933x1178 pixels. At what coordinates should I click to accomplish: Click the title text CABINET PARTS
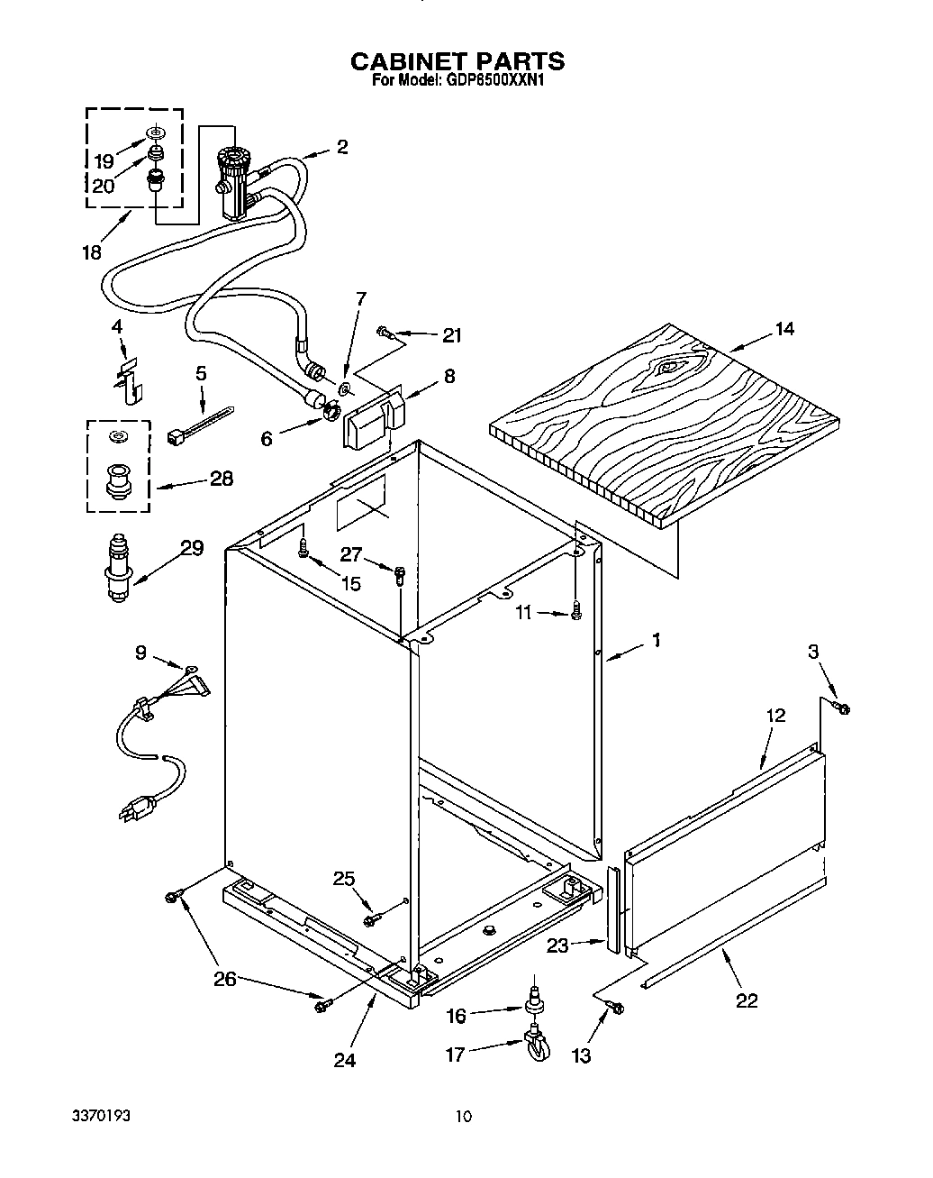(457, 61)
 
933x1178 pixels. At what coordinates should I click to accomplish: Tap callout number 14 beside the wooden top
(784, 329)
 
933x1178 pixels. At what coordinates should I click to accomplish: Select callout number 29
(191, 548)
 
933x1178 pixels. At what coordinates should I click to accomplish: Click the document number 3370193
(101, 1116)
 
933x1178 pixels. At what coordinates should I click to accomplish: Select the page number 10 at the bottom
(462, 1117)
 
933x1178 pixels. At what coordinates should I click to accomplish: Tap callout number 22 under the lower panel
(747, 1000)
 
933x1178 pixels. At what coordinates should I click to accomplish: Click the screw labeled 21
(386, 333)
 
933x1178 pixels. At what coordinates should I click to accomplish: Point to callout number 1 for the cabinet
(657, 640)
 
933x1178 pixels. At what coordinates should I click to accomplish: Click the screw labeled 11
(575, 613)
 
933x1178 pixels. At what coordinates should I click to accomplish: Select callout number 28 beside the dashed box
(221, 479)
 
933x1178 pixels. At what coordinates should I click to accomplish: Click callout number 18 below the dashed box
(92, 252)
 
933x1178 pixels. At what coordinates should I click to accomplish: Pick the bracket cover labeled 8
(374, 417)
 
